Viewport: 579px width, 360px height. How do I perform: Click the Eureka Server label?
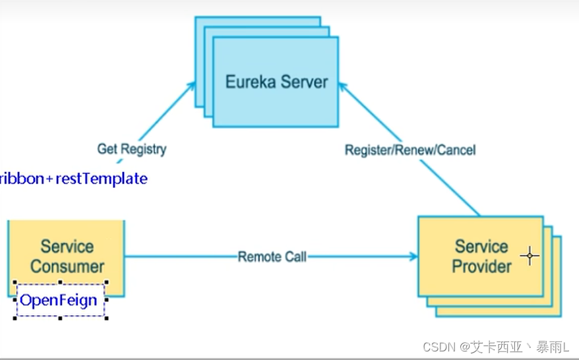[x=276, y=82]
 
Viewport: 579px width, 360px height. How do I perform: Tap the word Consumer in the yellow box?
[x=67, y=266]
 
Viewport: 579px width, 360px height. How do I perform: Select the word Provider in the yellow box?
[x=482, y=266]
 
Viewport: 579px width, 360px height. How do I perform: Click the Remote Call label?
[x=272, y=256]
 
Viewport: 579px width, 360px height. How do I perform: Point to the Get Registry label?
[x=132, y=149]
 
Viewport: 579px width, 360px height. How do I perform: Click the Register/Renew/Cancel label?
[x=410, y=150]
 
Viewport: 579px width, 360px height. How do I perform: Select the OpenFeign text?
[x=58, y=301]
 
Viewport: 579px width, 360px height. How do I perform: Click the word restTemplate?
[x=102, y=179]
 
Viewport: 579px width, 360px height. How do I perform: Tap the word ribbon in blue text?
[x=22, y=179]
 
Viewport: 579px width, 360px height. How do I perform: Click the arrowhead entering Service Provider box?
[x=414, y=256]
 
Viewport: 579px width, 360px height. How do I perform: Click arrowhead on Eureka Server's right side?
[x=342, y=86]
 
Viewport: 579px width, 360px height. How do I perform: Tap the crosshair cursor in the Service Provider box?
[x=530, y=256]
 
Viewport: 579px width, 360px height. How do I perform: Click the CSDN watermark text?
[x=496, y=347]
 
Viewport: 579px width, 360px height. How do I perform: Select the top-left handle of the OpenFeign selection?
[x=15, y=282]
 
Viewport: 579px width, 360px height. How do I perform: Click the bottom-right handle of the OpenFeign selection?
[x=106, y=318]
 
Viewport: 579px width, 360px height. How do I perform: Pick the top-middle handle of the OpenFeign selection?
[x=60, y=282]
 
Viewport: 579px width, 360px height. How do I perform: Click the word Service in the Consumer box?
[x=67, y=247]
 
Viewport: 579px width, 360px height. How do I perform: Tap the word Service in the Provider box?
[x=481, y=247]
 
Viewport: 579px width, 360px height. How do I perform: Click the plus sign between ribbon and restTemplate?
[x=49, y=179]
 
